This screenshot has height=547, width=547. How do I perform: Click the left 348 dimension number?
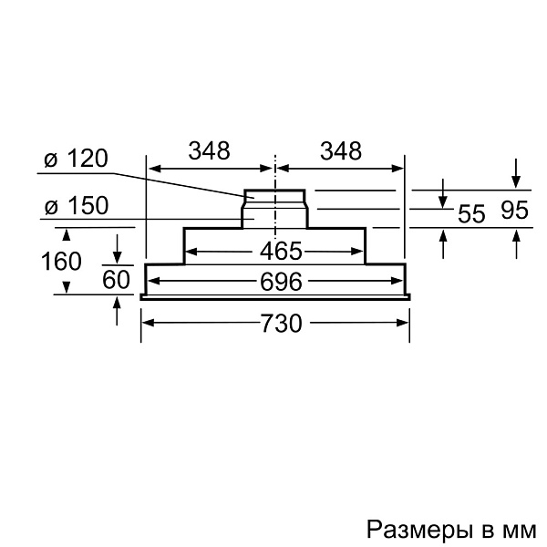click(210, 151)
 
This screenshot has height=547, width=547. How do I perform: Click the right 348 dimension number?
click(341, 151)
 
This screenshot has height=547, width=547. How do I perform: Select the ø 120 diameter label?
click(77, 159)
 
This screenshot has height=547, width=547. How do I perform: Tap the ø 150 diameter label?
click(77, 205)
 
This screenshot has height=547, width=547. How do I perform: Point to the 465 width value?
click(281, 252)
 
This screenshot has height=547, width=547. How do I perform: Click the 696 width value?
click(281, 282)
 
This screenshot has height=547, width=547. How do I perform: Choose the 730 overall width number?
click(281, 324)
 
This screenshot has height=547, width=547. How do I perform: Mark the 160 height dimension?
click(61, 261)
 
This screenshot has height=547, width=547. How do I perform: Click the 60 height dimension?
click(116, 280)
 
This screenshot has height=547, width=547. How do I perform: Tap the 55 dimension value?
click(471, 213)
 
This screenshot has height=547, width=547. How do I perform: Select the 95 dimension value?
click(514, 211)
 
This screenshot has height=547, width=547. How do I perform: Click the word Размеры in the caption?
click(419, 530)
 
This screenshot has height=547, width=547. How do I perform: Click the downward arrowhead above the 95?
click(516, 182)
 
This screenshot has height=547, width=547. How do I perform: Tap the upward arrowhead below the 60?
click(117, 302)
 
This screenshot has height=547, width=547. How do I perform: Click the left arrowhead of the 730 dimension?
click(149, 323)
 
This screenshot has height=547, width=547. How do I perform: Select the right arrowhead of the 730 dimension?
click(403, 323)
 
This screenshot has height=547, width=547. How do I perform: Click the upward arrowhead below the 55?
click(443, 236)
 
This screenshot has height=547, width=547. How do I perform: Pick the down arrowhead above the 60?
click(118, 258)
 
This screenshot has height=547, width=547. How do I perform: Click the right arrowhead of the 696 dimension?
click(397, 281)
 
